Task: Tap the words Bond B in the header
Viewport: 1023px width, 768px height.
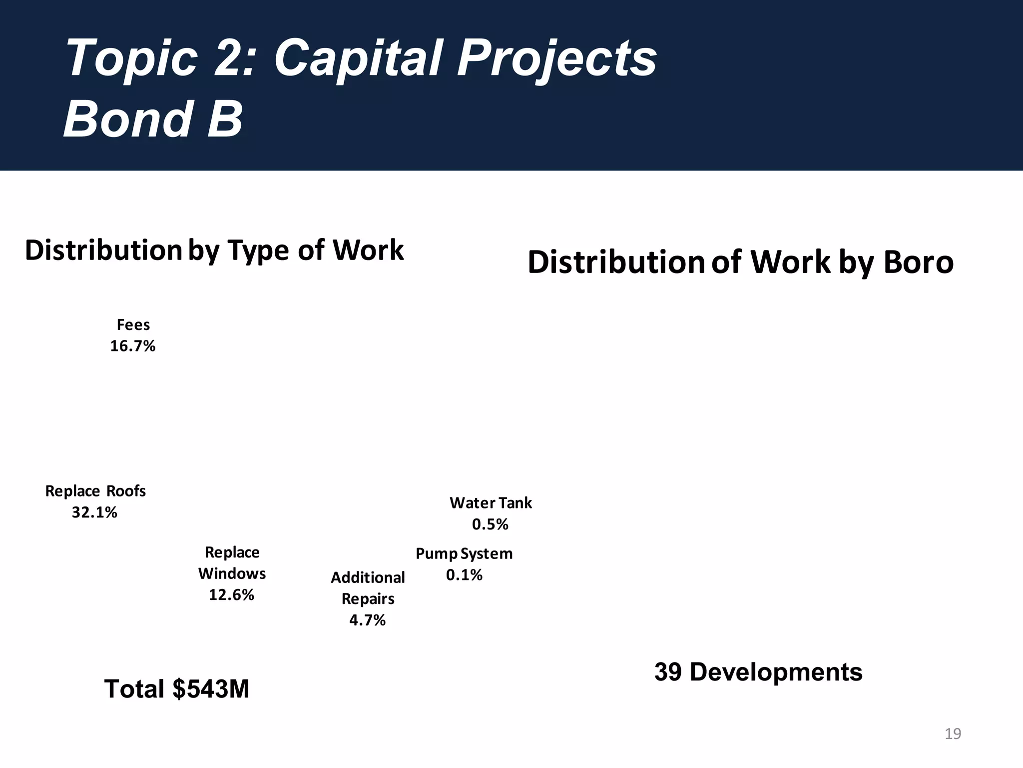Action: tap(153, 119)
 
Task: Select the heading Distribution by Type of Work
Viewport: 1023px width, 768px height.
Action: tap(214, 250)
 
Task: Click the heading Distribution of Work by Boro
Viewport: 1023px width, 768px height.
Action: tap(740, 262)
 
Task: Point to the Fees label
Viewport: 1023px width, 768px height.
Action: tap(133, 325)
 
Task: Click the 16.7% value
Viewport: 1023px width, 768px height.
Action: tap(133, 346)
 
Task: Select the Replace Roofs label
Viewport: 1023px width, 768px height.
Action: tap(95, 491)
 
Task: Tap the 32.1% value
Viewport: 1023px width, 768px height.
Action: tap(94, 512)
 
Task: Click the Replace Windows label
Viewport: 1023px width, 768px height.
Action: tap(232, 563)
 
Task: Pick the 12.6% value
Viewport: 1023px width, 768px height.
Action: tap(231, 595)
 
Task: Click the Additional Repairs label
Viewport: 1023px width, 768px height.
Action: tap(368, 588)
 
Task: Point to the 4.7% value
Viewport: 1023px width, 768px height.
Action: tap(367, 620)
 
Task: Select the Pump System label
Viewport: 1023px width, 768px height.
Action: tap(464, 554)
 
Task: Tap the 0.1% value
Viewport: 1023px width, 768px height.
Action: tap(464, 575)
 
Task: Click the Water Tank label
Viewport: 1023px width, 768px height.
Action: tap(491, 503)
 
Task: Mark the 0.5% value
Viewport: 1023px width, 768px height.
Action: tap(490, 524)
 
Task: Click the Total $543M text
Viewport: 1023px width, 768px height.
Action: tap(176, 689)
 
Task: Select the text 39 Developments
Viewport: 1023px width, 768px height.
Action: tap(758, 672)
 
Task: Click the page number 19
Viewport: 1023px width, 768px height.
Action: tap(953, 734)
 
